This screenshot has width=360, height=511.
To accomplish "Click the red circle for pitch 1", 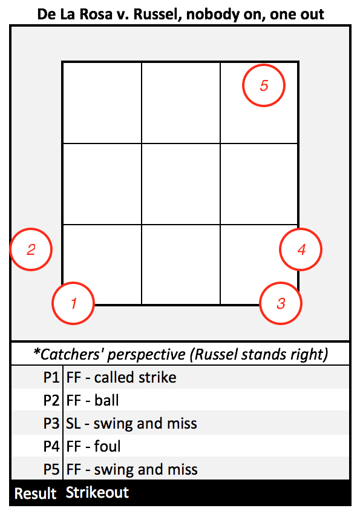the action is [52, 303].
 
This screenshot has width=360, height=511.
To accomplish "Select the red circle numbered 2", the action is [10, 249].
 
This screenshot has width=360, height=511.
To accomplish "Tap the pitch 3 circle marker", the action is [260, 303].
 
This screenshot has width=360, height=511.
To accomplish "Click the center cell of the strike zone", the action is [181, 184].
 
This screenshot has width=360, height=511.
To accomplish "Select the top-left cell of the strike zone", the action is [102, 103].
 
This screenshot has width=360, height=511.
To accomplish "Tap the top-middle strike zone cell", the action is [181, 103].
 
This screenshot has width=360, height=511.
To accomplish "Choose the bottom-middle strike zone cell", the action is [181, 265].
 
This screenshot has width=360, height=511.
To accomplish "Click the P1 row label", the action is [51, 377].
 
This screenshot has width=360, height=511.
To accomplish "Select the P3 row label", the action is [51, 423].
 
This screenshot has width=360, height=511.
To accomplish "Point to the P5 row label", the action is [51, 469].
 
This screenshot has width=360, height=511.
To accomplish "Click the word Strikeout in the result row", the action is [97, 492].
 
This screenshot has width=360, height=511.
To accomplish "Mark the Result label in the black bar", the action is [36, 493].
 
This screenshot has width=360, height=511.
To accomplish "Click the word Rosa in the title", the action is [94, 15].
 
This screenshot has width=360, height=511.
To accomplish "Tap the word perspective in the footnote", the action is [146, 355].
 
